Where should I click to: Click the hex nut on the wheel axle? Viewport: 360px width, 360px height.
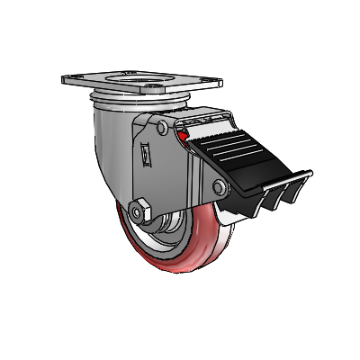click(139, 212)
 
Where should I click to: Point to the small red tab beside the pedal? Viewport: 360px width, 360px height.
click(184, 138)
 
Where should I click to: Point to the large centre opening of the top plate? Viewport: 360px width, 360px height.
click(144, 88)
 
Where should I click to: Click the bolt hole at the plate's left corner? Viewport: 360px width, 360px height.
click(72, 79)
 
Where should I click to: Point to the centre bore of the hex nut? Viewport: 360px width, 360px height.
click(139, 212)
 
